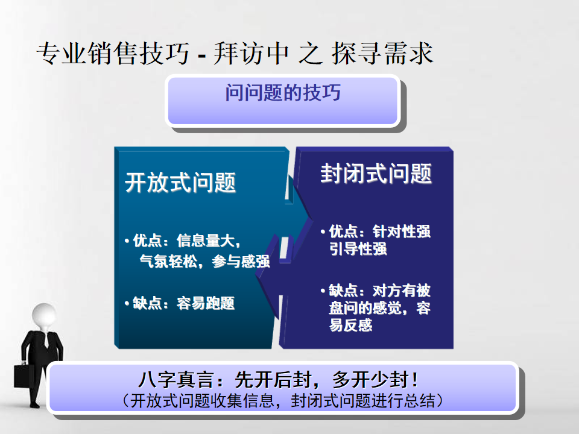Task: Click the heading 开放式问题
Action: pos(180,183)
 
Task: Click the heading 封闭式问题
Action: pos(376,174)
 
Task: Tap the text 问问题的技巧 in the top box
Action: pos(283,92)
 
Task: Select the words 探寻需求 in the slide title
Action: pos(382,54)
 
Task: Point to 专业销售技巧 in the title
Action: pos(113,54)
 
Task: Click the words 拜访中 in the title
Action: pos(251,54)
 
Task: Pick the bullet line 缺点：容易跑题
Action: pos(180,303)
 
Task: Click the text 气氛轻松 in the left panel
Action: pos(168,262)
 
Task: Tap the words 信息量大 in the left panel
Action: pos(206,241)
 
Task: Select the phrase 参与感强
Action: pos(241,262)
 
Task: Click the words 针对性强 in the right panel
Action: pos(402,231)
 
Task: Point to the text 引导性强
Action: pos(358,249)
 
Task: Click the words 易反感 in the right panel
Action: pos(351,325)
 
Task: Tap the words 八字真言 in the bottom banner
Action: pos(176,379)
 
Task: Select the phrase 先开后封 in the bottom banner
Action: pos(273,379)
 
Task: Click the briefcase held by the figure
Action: pos(23,376)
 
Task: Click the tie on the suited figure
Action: pos(46,340)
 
